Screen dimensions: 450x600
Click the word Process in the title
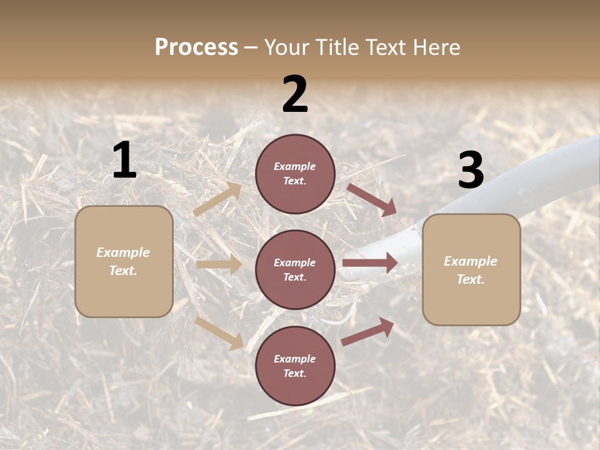pos(196,47)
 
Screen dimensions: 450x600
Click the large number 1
pos(124,161)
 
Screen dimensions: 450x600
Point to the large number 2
pos(295,94)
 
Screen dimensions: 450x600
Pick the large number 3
pos(471,170)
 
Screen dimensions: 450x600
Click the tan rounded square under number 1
pos(124,261)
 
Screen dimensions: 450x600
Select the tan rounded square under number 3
pos(471,270)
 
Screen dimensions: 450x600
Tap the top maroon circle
pos(295,174)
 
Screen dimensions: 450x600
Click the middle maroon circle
pos(295,270)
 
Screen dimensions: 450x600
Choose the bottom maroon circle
pos(295,366)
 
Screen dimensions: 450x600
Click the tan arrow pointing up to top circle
pos(217,199)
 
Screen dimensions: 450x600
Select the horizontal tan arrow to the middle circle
pos(219,264)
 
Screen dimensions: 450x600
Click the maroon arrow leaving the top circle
pos(372,200)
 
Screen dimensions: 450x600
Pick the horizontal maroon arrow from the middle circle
pos(370,263)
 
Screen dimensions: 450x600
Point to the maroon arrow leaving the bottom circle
pos(367,331)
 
